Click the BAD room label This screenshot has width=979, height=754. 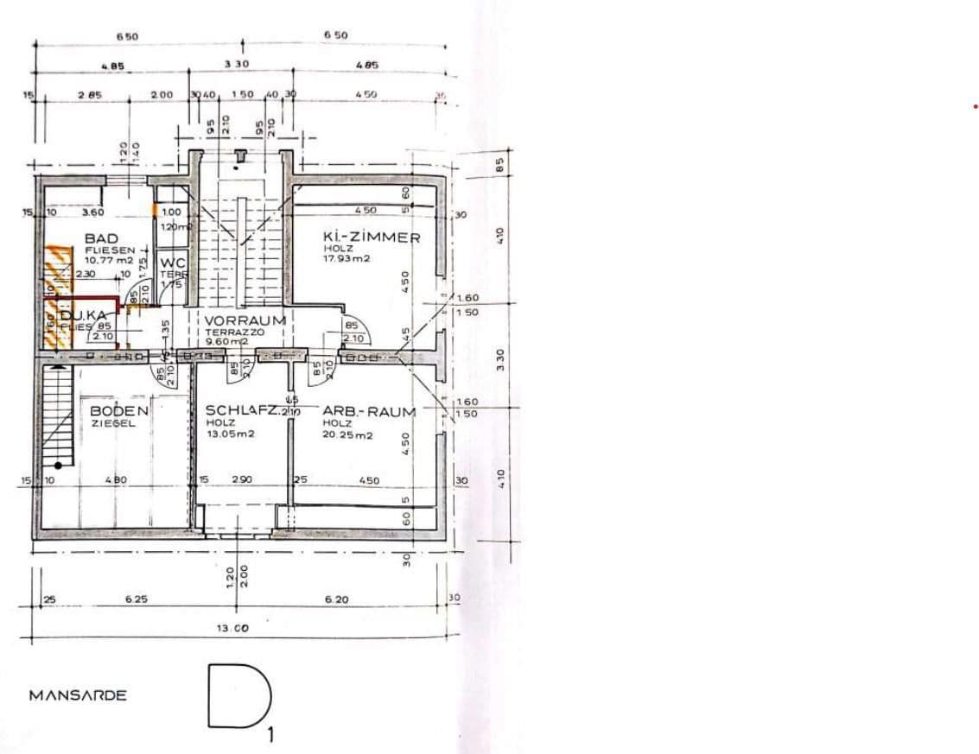tap(101, 238)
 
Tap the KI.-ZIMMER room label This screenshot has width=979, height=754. tap(372, 238)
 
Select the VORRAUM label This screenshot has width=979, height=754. tap(245, 319)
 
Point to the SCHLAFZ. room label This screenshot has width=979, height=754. tap(242, 412)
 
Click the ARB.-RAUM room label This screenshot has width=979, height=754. tap(369, 412)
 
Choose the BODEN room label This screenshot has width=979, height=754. tap(119, 412)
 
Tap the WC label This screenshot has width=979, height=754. tap(173, 263)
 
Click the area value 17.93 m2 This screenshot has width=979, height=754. tap(347, 258)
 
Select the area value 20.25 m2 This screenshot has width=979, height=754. tap(348, 435)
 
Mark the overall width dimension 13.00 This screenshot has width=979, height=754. tap(232, 629)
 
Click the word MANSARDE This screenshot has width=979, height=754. tap(78, 695)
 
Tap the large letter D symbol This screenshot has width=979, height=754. tap(238, 695)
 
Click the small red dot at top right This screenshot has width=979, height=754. tap(976, 106)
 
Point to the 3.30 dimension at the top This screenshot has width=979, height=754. tap(237, 65)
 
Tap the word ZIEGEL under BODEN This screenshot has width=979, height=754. tap(113, 424)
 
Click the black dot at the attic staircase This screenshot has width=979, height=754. tap(58, 466)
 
